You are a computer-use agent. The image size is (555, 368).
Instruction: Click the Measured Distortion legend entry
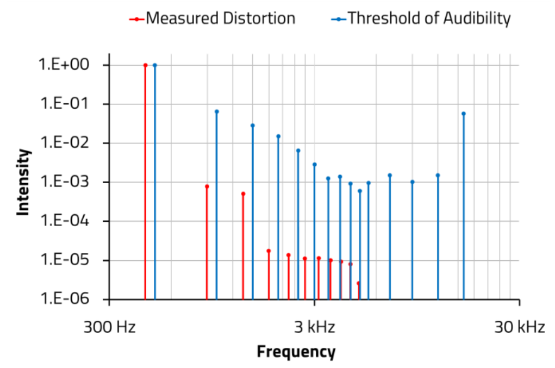click(213, 18)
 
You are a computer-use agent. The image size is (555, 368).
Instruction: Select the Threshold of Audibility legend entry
click(421, 18)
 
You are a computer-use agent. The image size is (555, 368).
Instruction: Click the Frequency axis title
click(296, 352)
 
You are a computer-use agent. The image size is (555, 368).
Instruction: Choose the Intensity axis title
click(23, 183)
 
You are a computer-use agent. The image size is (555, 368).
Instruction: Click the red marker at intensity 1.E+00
click(145, 65)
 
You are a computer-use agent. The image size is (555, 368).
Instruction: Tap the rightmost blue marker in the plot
click(463, 114)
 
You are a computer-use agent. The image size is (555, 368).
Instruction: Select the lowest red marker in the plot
click(358, 283)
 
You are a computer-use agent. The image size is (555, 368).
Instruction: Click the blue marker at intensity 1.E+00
click(155, 65)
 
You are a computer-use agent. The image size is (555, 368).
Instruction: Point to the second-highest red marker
click(207, 186)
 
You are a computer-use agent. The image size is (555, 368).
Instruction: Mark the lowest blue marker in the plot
click(360, 191)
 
